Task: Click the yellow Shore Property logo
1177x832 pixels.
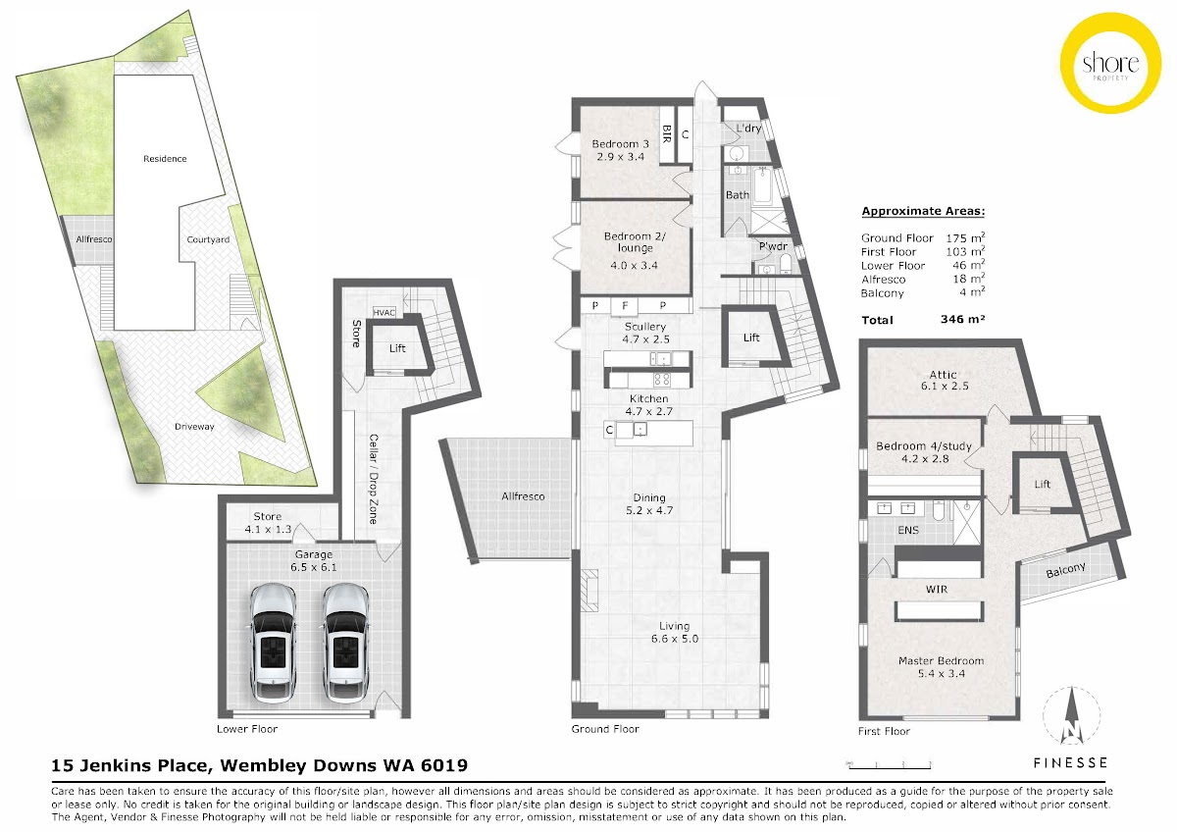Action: (1110, 63)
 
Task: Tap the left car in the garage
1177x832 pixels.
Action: (273, 643)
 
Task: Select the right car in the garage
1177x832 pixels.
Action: (345, 643)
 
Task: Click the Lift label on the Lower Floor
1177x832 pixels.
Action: (397, 348)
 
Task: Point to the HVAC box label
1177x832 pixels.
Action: (384, 313)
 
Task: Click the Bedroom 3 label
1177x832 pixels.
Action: (620, 144)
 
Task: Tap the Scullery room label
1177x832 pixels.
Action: (645, 327)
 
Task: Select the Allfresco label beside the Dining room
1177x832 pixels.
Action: (523, 496)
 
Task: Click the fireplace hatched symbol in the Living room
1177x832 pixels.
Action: (589, 591)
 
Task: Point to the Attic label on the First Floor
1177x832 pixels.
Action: (943, 374)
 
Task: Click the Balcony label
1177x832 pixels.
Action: (1065, 570)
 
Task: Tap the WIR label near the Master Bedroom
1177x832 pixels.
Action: (937, 590)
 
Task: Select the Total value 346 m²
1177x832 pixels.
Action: (962, 319)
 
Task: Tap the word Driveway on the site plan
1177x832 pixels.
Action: (194, 427)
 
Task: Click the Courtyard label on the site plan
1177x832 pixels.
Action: (208, 239)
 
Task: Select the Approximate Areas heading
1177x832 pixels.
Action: (923, 211)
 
